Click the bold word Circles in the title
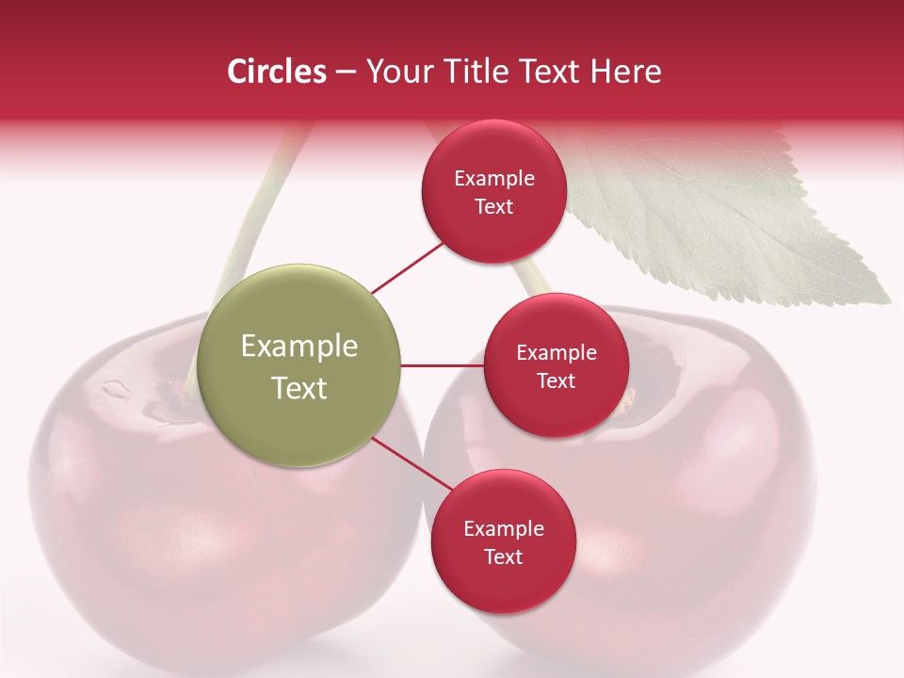point(277,72)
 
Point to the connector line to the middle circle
point(442,365)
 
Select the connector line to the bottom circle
point(412,464)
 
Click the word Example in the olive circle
point(299,347)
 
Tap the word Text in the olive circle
point(299,388)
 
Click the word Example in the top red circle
point(494,179)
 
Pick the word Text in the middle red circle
point(556,381)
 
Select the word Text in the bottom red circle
point(503,557)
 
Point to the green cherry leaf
point(716,217)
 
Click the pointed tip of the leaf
point(887,300)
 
